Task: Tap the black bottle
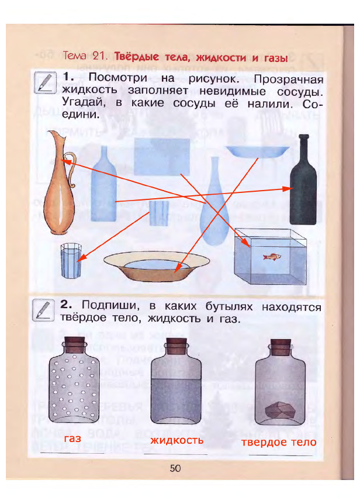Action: point(304,187)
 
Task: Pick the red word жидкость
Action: point(177,440)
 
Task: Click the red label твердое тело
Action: point(279,442)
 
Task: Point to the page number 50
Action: point(175,468)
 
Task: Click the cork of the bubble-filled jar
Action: point(74,344)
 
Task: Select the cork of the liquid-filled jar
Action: point(176,344)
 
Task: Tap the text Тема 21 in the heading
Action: point(85,57)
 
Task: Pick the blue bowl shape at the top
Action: point(257,151)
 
